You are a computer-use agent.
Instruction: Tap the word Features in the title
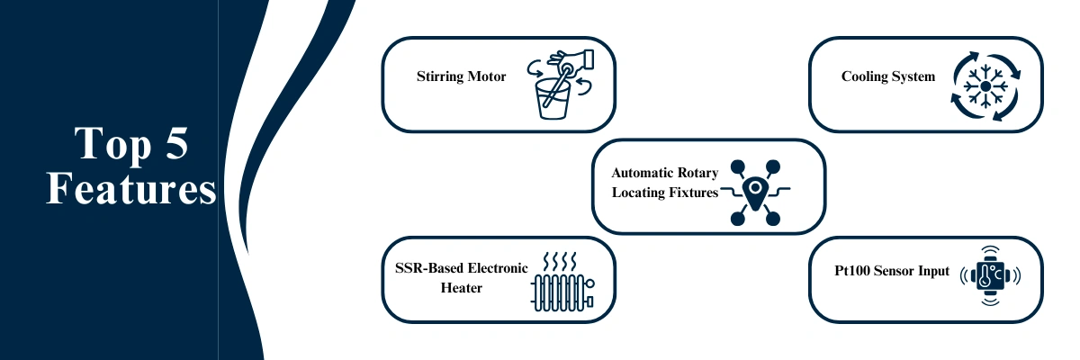pyautogui.click(x=131, y=190)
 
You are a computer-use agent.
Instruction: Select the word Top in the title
pyautogui.click(x=106, y=144)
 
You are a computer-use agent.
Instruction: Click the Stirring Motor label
pyautogui.click(x=461, y=76)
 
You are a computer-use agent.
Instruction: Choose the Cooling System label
pyautogui.click(x=887, y=76)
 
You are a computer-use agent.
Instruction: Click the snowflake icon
pyautogui.click(x=985, y=85)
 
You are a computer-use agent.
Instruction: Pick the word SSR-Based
pyautogui.click(x=427, y=267)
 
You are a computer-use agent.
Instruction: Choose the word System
pyautogui.click(x=913, y=76)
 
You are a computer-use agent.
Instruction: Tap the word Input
pyautogui.click(x=932, y=270)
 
